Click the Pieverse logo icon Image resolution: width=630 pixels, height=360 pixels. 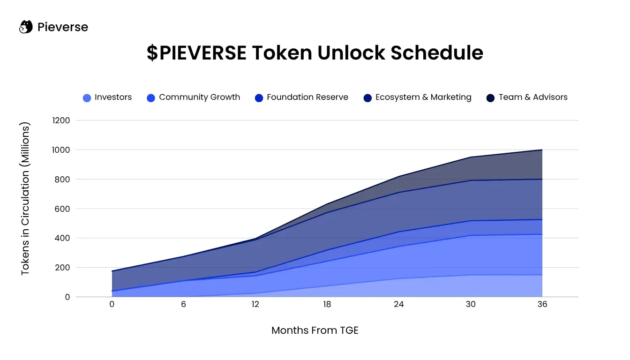(x=25, y=27)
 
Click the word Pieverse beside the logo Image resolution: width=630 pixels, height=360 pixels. (x=63, y=27)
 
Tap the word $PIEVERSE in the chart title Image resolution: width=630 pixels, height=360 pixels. (x=196, y=53)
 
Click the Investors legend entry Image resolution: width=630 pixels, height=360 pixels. (x=107, y=97)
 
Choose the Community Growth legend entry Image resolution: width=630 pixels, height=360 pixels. (x=193, y=97)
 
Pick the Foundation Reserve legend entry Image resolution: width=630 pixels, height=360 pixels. (x=301, y=97)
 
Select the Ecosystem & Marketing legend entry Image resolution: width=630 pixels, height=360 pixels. (x=417, y=97)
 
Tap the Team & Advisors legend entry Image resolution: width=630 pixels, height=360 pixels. (x=527, y=97)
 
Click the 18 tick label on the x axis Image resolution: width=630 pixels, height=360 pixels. (x=327, y=304)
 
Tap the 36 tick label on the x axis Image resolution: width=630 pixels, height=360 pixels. (x=542, y=304)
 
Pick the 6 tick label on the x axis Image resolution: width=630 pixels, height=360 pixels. (x=183, y=304)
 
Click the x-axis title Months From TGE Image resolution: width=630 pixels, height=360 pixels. (x=315, y=330)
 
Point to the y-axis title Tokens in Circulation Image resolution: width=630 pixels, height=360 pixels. (x=25, y=199)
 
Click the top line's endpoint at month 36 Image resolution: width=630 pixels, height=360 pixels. (x=542, y=150)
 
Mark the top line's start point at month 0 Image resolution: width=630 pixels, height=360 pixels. (x=112, y=271)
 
